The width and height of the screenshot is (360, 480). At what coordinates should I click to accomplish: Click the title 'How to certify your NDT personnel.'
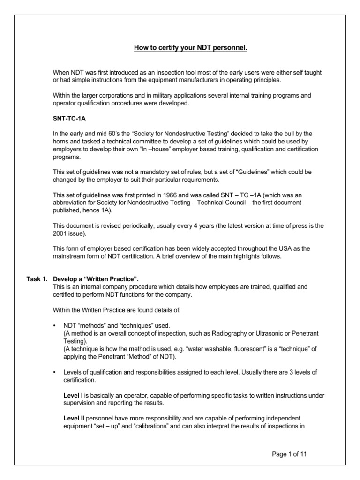coord(180,48)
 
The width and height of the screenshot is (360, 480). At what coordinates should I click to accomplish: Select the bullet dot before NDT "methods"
coord(55,325)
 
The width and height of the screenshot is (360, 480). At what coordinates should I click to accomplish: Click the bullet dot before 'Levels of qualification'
coord(55,372)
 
